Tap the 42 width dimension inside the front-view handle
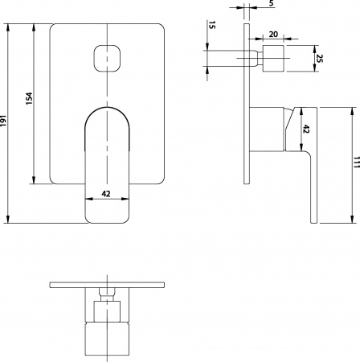pyautogui.click(x=106, y=195)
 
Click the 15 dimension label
pyautogui.click(x=211, y=27)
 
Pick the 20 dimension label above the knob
pyautogui.click(x=274, y=35)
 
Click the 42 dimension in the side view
pyautogui.click(x=306, y=129)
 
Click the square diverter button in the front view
pyautogui.click(x=108, y=58)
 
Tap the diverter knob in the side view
pyautogui.click(x=275, y=59)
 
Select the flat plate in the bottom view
pyautogui.click(x=108, y=286)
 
